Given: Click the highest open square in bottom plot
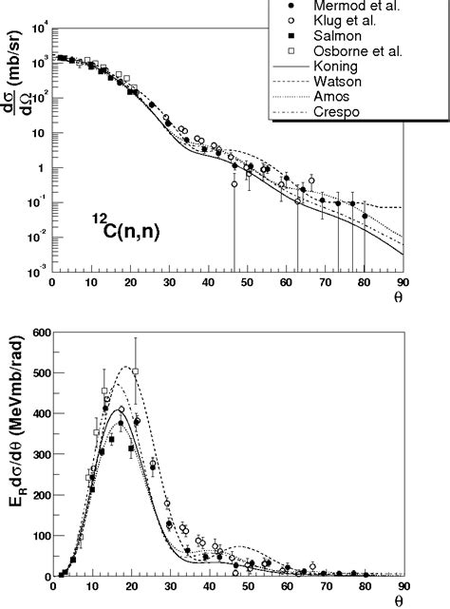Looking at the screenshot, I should click(135, 371).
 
